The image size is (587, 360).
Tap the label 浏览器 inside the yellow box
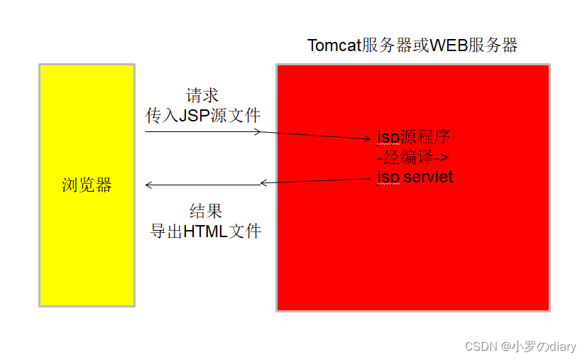point(87,186)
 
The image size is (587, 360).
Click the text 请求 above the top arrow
point(202,95)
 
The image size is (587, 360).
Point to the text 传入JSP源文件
point(204,116)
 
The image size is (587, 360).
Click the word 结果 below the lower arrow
point(206,211)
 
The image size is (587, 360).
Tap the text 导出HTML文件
point(206,231)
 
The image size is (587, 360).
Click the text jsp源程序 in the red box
point(414,136)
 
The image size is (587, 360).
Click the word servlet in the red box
point(428,177)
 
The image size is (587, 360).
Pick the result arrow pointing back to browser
point(203,185)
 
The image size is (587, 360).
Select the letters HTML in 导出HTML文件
point(204,231)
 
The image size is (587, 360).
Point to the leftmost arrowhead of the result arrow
point(148,185)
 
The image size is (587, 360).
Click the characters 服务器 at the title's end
point(494,45)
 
